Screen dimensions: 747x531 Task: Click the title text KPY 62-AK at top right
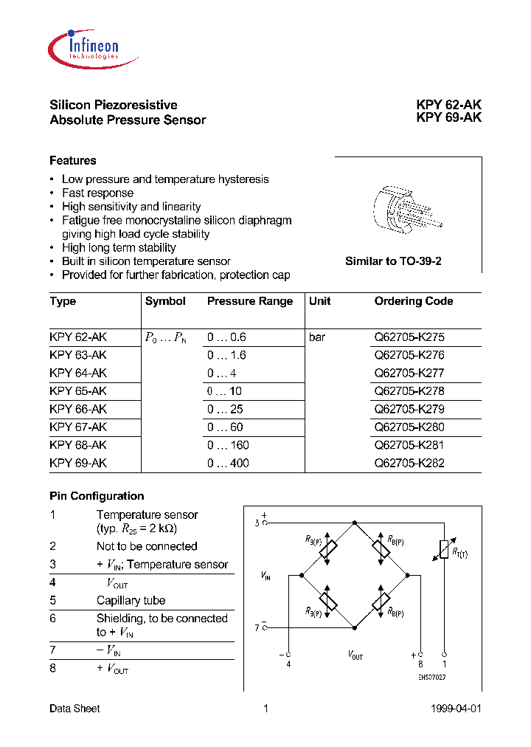[x=448, y=106]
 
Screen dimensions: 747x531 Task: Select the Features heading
[x=73, y=161]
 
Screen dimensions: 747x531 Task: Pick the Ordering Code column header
[x=414, y=301]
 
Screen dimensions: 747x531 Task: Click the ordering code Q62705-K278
[x=409, y=391]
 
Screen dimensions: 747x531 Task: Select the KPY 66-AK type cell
[x=78, y=409]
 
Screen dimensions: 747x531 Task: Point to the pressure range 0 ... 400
[x=228, y=464]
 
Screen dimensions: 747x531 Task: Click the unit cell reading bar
[x=317, y=337]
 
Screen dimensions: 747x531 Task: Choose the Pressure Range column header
[x=250, y=301]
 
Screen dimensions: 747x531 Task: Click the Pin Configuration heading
[x=97, y=496]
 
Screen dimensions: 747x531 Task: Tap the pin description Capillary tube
[x=131, y=601]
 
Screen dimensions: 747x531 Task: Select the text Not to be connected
[x=147, y=546]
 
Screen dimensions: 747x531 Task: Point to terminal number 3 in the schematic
[x=257, y=523]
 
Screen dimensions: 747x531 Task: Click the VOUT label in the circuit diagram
[x=355, y=655]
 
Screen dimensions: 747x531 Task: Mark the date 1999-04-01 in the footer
[x=455, y=709]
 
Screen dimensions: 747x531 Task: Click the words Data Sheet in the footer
[x=74, y=709]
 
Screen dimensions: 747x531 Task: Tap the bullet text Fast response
[x=98, y=193]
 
